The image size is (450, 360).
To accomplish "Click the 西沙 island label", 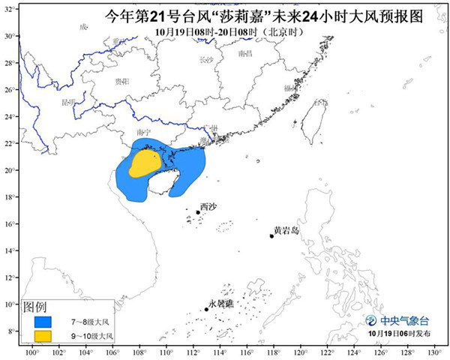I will pos(208,205).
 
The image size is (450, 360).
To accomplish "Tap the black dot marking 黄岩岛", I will pos(271,236).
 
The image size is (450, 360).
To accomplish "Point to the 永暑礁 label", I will pos(221,303).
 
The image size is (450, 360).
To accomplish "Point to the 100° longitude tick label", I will pos(31,352).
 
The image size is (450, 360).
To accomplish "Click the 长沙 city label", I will pos(205,58).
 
